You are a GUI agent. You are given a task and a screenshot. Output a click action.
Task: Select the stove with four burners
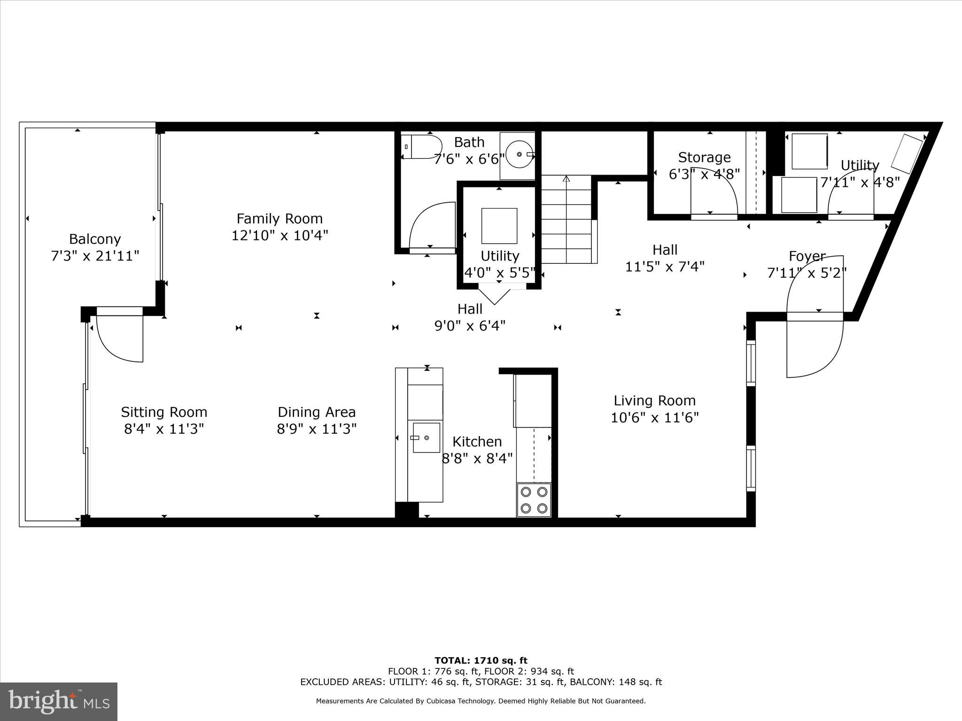534,500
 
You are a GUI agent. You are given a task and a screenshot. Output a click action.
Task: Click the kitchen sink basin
426,438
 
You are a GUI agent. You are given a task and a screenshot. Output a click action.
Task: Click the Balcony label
95,239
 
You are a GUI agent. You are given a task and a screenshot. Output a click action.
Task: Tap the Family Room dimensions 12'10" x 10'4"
279,235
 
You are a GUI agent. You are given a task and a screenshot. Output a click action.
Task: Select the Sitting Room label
164,412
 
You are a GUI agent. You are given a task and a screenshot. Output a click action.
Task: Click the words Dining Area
317,412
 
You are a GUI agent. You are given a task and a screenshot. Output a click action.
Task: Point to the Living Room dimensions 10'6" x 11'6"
654,417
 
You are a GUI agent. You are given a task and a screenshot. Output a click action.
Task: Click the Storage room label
704,157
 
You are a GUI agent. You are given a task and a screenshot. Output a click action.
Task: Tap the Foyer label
807,256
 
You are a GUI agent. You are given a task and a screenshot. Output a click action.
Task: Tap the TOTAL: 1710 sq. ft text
481,660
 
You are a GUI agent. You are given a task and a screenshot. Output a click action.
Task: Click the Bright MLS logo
59,702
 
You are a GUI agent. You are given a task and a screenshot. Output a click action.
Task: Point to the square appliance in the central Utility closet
499,226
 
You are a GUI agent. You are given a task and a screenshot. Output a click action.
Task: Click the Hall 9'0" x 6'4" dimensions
470,325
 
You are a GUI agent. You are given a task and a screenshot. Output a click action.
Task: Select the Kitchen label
477,442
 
